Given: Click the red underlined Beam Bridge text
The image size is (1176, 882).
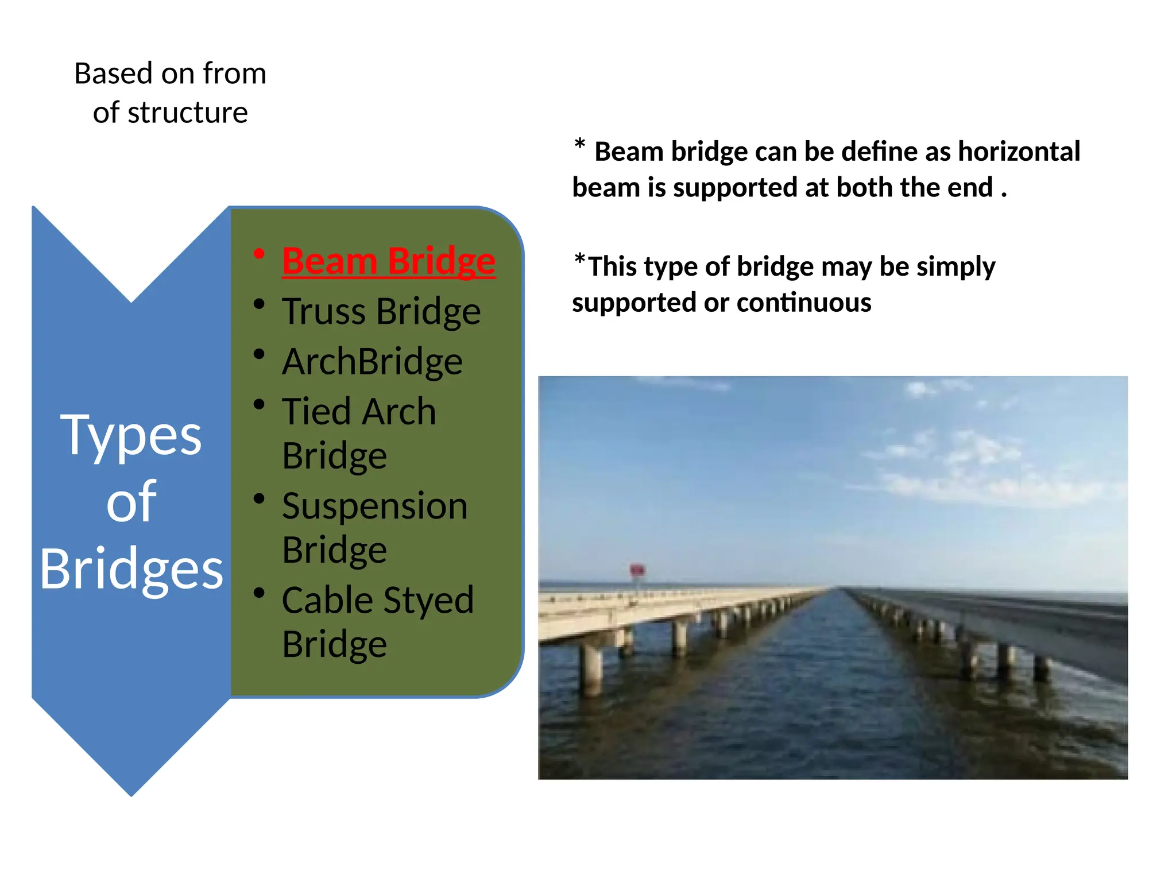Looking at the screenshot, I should point(388,262).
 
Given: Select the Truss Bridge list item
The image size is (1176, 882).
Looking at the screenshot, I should point(381,312).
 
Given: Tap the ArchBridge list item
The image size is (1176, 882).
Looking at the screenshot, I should point(372,362).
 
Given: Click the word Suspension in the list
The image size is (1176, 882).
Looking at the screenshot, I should point(374,507).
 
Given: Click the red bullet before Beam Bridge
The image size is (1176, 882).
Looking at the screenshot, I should point(260,254).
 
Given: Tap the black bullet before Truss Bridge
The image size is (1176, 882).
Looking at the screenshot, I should point(260,304).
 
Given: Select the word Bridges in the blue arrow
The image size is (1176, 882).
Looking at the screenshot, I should point(131,568).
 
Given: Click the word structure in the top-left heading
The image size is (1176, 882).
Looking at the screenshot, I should point(188,113).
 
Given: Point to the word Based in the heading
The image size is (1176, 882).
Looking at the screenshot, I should point(114,74).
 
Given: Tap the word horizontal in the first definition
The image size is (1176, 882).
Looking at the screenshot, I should point(1019,152).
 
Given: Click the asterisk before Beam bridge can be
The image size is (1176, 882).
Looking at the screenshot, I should point(580,145).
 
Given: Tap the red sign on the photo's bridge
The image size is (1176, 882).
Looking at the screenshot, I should point(637,570).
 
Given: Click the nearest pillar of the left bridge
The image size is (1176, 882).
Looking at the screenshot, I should point(591,669).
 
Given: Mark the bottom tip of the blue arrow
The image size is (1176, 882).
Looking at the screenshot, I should point(131,794).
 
